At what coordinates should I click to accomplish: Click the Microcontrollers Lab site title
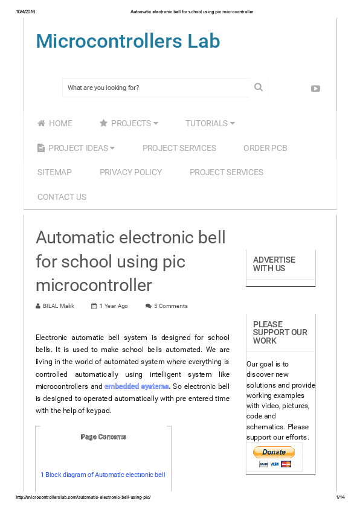[x=128, y=41]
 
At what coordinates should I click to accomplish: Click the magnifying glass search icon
[x=259, y=88]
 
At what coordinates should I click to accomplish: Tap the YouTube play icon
[x=315, y=88]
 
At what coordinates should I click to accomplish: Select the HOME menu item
[x=55, y=123]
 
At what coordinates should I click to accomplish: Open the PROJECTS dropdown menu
[x=129, y=123]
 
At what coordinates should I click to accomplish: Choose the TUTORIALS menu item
[x=210, y=123]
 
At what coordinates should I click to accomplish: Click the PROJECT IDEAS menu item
[x=76, y=148]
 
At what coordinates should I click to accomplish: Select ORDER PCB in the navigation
[x=265, y=148]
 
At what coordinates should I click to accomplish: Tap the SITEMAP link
[x=54, y=172]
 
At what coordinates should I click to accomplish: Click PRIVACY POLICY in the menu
[x=130, y=172]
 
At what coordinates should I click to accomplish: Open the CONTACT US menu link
[x=62, y=197]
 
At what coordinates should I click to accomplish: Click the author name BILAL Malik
[x=58, y=306]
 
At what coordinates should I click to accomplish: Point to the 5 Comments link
[x=170, y=306]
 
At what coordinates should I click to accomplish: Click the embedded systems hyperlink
[x=137, y=386]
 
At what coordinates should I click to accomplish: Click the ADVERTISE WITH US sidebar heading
[x=274, y=264]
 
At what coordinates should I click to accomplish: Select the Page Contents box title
[x=103, y=437]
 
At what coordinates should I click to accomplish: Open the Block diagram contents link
[x=103, y=475]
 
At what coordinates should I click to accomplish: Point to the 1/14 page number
[x=340, y=497]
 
